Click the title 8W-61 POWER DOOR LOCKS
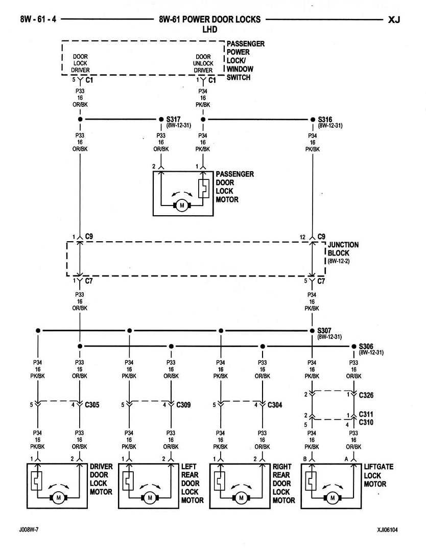210,19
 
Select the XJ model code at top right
394,20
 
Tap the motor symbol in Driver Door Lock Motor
58,497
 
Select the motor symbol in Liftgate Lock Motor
333,497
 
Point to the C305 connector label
92,405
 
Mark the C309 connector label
184,405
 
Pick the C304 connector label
275,405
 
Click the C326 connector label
366,395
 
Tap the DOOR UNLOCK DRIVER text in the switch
203,63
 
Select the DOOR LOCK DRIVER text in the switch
80,63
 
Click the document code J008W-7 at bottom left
30,530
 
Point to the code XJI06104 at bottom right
384,530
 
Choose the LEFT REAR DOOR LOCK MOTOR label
192,483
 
